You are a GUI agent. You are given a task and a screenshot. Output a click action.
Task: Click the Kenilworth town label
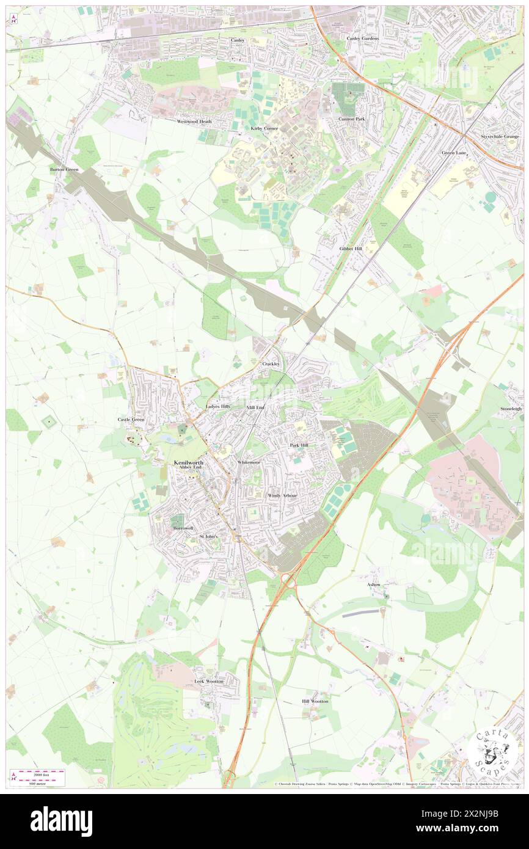tap(189, 463)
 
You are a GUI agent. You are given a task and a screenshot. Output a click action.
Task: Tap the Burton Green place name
tap(65, 168)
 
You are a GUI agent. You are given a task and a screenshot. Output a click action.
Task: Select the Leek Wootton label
tap(210, 680)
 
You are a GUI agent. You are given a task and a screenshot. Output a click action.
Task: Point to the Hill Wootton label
tap(315, 701)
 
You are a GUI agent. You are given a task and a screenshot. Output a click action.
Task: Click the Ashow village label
tap(374, 585)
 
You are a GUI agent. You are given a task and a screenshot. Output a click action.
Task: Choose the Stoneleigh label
tap(511, 409)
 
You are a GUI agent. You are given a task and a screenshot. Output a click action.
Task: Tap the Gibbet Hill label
tap(351, 249)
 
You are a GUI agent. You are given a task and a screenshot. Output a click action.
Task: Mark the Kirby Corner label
tap(264, 128)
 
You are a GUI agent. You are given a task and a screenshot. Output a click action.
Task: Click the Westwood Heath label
tap(194, 122)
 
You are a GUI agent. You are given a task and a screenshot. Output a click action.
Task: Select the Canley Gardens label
tap(363, 38)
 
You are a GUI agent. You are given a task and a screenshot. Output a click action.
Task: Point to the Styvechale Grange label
tap(500, 136)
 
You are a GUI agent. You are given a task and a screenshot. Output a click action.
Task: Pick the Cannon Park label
tap(352, 118)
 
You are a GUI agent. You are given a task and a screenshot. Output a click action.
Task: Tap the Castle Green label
tap(131, 420)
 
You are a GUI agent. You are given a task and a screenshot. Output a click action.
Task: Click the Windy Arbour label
tap(282, 495)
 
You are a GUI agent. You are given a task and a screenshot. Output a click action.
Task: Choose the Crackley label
tap(271, 364)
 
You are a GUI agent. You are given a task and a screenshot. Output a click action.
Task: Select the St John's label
tap(209, 536)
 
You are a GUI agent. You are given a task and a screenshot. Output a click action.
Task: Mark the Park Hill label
tap(299, 445)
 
